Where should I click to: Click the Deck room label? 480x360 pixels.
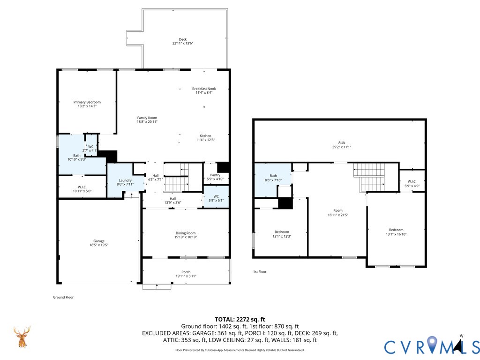(183, 39)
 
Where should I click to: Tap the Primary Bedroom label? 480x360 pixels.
(87, 102)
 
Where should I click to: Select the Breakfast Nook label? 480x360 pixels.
(204, 89)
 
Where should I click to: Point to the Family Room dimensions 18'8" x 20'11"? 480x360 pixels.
(147, 122)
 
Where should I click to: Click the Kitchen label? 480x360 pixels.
(205, 136)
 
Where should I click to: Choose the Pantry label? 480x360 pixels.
(215, 175)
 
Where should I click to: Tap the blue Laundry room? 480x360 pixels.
(126, 180)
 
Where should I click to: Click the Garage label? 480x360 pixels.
(99, 241)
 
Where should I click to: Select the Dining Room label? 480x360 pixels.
(186, 233)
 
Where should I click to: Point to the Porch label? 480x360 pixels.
(186, 272)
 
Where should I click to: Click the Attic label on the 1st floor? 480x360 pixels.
(342, 142)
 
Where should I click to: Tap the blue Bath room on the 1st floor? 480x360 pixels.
(273, 180)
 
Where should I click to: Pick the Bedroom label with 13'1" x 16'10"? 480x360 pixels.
(396, 230)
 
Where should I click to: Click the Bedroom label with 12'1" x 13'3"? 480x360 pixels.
(282, 232)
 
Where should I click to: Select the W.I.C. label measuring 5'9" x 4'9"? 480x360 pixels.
(412, 181)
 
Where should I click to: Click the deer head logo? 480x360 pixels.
(22, 337)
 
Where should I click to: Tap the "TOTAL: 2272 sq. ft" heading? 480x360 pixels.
(240, 320)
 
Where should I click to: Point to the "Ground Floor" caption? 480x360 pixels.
(63, 297)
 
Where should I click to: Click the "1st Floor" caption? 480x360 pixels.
(260, 271)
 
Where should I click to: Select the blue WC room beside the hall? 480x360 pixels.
(216, 196)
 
